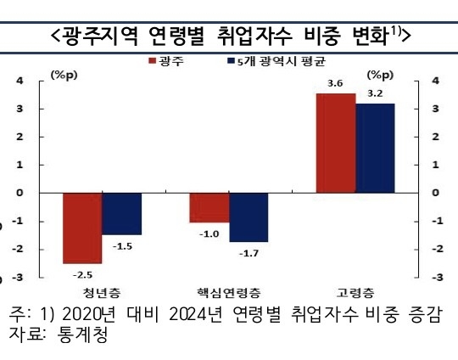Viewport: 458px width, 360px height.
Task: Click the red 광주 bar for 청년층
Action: [82, 228]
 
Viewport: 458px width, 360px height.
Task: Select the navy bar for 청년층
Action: [121, 213]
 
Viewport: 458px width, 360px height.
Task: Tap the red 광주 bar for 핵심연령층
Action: [209, 207]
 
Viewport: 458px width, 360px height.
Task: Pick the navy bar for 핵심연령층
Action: [249, 217]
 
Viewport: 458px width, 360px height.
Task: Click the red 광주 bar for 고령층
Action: [335, 143]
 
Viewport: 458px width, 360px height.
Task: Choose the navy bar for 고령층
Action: [375, 148]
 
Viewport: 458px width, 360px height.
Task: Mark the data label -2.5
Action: [81, 273]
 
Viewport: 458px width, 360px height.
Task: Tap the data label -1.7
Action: [249, 252]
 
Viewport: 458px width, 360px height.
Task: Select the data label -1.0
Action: [209, 233]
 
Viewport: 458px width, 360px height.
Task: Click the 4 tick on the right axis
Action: [436, 82]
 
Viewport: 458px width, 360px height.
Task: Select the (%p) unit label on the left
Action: [64, 75]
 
